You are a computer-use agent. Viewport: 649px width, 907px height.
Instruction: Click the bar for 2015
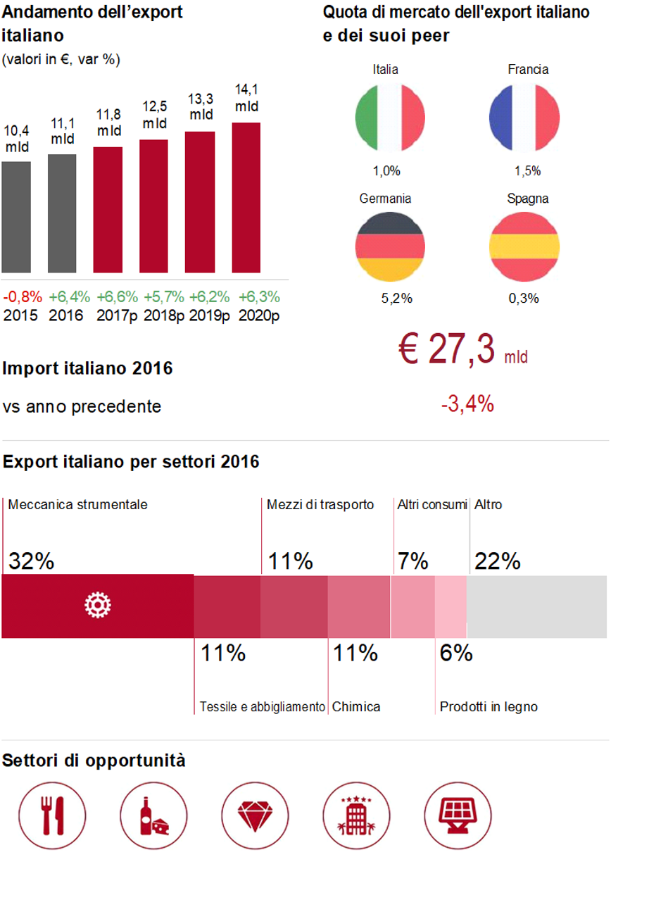[x=16, y=217]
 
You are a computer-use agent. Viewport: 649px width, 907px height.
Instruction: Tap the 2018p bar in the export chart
[x=153, y=206]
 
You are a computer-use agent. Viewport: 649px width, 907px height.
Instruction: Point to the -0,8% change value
[x=22, y=296]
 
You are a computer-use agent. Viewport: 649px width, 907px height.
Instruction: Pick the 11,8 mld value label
[x=108, y=123]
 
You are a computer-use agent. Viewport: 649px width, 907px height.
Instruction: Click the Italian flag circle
[x=390, y=117]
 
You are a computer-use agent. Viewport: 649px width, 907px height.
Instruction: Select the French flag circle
[x=524, y=117]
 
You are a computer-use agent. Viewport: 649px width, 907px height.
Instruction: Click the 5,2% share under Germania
[x=396, y=299]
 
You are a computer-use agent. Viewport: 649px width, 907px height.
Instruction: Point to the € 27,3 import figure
[x=450, y=350]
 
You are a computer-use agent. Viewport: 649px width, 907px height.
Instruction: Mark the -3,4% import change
[x=467, y=405]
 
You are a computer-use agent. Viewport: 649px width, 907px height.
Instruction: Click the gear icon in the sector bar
[x=97, y=606]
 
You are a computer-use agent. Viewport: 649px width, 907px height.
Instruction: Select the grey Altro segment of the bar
[x=536, y=606]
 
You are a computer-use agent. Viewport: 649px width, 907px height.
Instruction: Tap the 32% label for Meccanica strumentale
[x=31, y=561]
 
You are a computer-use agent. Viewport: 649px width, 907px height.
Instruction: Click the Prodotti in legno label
[x=489, y=706]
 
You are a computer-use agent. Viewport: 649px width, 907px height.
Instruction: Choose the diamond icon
[x=254, y=815]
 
